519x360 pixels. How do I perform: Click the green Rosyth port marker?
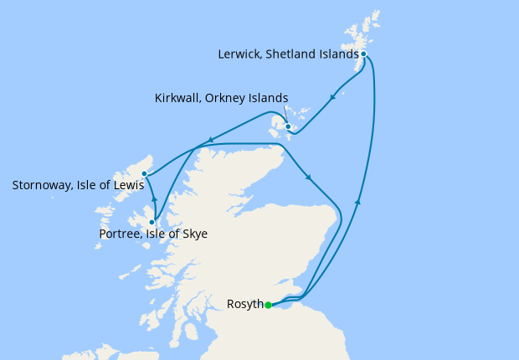(x=268, y=305)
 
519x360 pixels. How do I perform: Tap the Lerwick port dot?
(x=363, y=54)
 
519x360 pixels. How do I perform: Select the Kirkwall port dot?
(x=288, y=127)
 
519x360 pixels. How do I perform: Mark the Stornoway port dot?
(x=144, y=174)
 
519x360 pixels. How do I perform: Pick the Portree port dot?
(x=152, y=222)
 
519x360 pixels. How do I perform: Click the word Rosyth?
(x=244, y=304)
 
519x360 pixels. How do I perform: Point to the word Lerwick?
(x=239, y=54)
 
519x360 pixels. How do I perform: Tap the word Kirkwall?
(x=177, y=99)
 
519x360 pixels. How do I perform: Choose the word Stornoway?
(x=44, y=184)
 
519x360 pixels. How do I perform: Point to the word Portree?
(x=120, y=234)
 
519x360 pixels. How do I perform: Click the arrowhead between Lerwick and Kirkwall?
(x=333, y=97)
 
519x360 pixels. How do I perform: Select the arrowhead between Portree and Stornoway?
(x=154, y=200)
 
